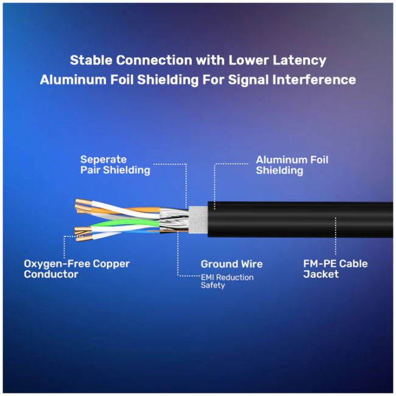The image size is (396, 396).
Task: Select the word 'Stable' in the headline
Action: tap(90, 60)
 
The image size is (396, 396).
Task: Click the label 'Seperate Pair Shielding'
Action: tap(115, 164)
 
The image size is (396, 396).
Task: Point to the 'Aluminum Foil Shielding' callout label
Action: tap(292, 164)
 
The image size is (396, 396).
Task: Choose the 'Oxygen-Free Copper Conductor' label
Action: tap(77, 269)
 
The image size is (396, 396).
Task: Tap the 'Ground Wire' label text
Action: tap(232, 264)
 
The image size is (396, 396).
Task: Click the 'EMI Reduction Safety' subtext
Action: tap(227, 281)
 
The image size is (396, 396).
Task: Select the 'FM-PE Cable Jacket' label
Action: tap(335, 269)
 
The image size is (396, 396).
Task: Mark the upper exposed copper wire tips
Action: tap(81, 206)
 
